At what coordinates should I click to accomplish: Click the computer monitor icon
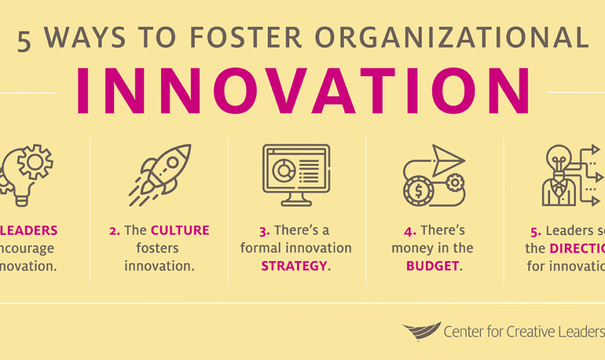pyautogui.click(x=296, y=175)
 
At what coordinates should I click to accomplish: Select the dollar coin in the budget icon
pyautogui.click(x=417, y=191)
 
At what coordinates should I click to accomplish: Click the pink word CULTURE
pyautogui.click(x=179, y=231)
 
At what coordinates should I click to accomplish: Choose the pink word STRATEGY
pyautogui.click(x=293, y=266)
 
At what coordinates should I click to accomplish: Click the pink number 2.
pyautogui.click(x=114, y=231)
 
